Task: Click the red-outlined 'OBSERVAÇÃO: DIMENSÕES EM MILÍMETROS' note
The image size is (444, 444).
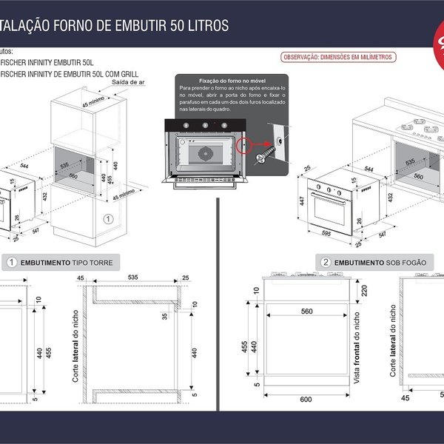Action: click(338, 57)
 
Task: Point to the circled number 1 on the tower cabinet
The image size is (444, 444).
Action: click(107, 219)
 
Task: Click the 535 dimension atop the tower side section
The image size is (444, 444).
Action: click(133, 278)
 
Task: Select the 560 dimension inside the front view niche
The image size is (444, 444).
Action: click(307, 312)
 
